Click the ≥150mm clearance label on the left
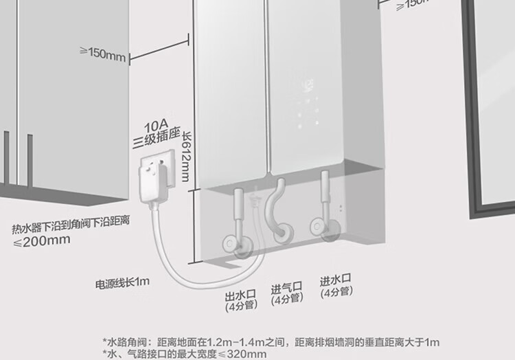[104, 54]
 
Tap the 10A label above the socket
[156, 127]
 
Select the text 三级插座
[156, 142]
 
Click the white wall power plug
[155, 177]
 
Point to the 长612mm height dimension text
[184, 160]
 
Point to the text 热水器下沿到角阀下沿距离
[71, 227]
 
